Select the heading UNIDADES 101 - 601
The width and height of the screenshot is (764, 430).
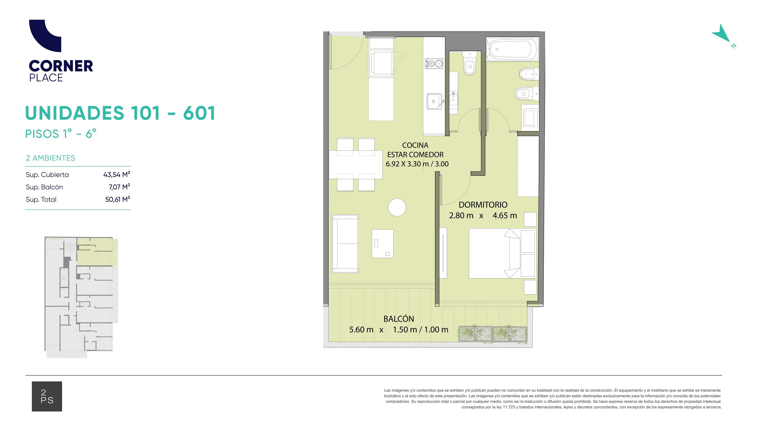pos(120,113)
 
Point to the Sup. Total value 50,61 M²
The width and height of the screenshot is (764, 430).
pos(117,199)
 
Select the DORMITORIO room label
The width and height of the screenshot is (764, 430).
pos(483,205)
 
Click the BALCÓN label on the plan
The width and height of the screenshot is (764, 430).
pos(399,319)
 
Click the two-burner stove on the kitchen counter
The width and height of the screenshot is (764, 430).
pos(434,64)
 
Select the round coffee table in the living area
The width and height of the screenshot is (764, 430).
pos(397,207)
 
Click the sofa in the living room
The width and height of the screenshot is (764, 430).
pos(345,244)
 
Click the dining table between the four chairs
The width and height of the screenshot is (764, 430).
pos(356,165)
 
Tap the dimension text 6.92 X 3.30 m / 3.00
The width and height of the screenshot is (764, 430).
pos(417,164)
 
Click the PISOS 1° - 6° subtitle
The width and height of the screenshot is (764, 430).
pos(61,134)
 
